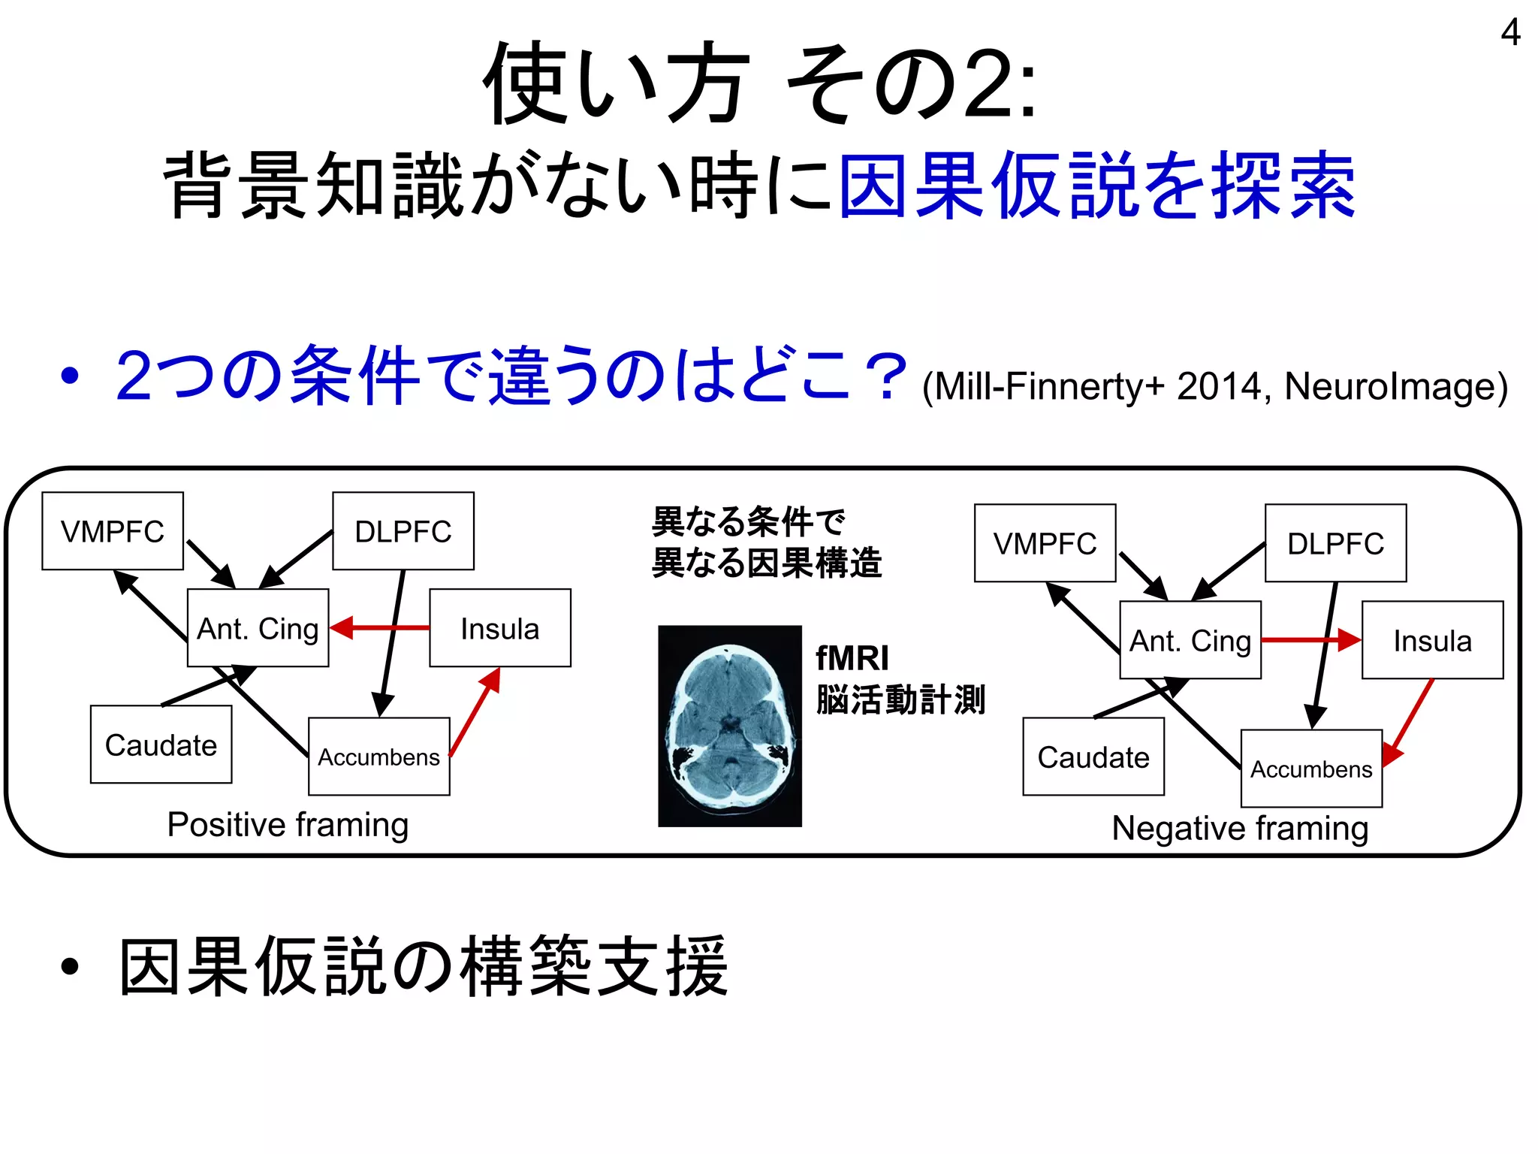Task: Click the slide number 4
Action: coord(1510,33)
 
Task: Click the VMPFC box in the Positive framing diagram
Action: coord(113,531)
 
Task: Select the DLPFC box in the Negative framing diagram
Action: coord(1335,543)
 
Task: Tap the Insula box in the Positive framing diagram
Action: coord(500,628)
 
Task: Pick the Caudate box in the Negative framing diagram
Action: coord(1093,757)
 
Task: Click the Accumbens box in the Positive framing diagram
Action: coord(379,757)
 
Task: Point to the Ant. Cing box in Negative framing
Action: coord(1190,640)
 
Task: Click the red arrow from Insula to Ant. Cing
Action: coord(379,627)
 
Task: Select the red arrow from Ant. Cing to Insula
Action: coord(1311,640)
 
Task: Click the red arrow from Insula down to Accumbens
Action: coord(1409,721)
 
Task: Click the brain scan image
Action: coord(730,726)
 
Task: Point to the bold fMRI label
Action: coord(852,658)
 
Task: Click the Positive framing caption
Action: coord(288,825)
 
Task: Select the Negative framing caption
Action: coord(1240,829)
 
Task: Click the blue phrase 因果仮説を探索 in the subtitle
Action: coord(1096,185)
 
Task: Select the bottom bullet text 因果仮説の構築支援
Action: coord(424,966)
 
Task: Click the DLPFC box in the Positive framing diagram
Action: coord(403,531)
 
